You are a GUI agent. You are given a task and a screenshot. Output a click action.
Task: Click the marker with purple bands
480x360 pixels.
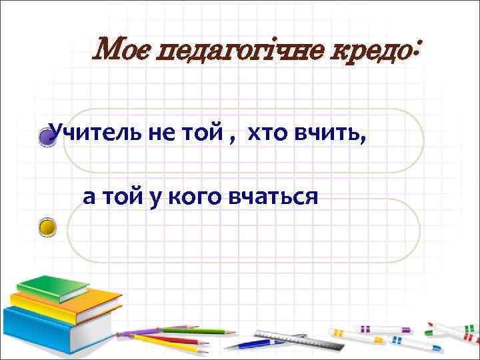(373, 329)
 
